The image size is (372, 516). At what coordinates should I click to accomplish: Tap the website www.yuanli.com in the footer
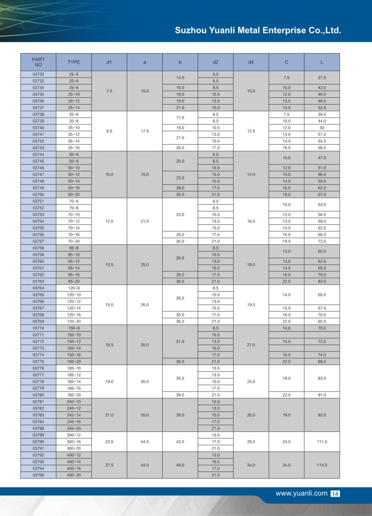[x=301, y=493]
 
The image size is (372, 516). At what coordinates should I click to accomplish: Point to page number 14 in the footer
[x=335, y=494]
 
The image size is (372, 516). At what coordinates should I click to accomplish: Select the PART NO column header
[x=38, y=62]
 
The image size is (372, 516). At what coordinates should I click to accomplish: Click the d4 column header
[x=251, y=62]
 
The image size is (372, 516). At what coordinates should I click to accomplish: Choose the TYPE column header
[x=74, y=62]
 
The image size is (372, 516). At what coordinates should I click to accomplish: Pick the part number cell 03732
[x=38, y=74]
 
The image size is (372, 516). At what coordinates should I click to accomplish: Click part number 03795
[x=38, y=475]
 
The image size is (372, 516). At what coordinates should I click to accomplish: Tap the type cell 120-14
[x=74, y=308]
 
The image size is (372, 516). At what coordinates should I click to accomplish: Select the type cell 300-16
[x=74, y=442]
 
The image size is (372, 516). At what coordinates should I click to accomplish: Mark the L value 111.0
[x=322, y=442]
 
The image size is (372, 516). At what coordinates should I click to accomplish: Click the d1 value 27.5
[x=109, y=465]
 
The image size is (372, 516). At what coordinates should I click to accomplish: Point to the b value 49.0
[x=180, y=465]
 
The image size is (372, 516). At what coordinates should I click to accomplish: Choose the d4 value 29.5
[x=251, y=442]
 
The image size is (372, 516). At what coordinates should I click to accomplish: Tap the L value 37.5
[x=322, y=78]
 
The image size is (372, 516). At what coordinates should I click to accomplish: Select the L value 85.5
[x=322, y=321]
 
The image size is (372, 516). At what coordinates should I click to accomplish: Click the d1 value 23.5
[x=109, y=442]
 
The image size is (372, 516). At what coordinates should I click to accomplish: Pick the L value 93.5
[x=322, y=415]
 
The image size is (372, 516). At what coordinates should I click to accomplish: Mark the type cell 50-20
[x=74, y=194]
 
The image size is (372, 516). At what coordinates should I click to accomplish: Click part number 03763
[x=38, y=281]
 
